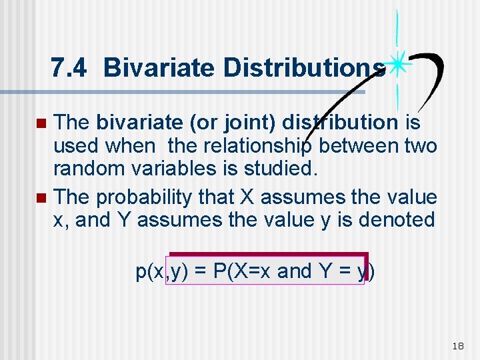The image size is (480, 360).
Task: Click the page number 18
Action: click(x=457, y=345)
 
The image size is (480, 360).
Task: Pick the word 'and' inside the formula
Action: click(x=294, y=271)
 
